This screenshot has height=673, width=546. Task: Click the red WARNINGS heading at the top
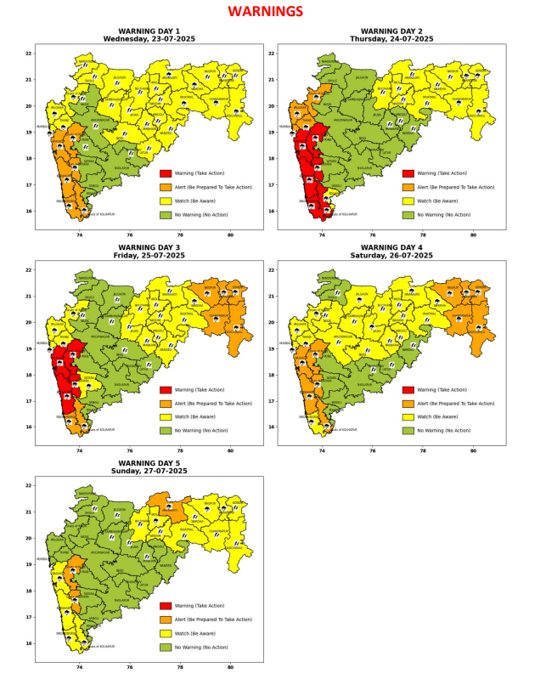[265, 12]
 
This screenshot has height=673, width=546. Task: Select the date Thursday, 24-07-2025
[392, 39]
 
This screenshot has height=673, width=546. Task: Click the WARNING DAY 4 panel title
[392, 247]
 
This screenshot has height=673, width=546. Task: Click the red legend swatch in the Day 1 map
[166, 173]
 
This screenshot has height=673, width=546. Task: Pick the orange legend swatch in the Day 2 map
[408, 187]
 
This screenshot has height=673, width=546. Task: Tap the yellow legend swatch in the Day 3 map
[166, 416]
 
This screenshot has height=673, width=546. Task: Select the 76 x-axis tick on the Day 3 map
[130, 452]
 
